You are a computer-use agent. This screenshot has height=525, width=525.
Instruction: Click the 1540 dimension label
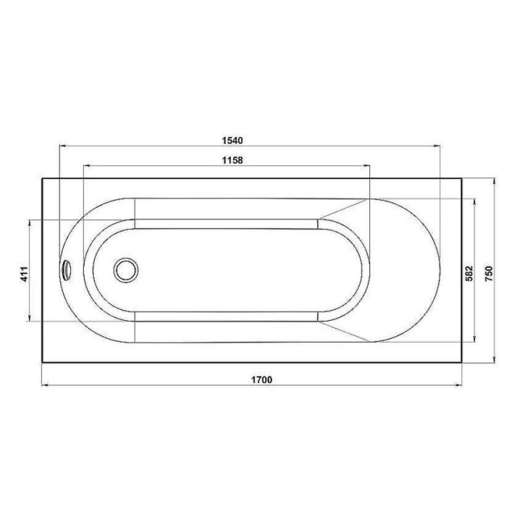pyautogui.click(x=232, y=140)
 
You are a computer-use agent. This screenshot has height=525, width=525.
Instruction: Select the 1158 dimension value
pyautogui.click(x=232, y=160)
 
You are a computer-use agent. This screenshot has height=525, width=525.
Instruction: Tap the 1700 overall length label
pyautogui.click(x=262, y=380)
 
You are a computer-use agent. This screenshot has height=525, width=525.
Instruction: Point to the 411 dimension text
pyautogui.click(x=24, y=274)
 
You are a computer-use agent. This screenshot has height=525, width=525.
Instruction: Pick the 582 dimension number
pyautogui.click(x=469, y=273)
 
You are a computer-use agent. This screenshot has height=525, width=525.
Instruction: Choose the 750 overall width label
pyautogui.click(x=489, y=273)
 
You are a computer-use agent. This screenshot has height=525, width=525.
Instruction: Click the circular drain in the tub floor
pyautogui.click(x=126, y=270)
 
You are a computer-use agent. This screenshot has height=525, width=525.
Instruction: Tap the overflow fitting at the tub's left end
pyautogui.click(x=66, y=270)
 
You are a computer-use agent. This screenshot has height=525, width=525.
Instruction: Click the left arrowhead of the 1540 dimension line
pyautogui.click(x=62, y=146)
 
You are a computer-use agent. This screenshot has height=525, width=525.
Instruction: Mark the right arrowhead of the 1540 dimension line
pyautogui.click(x=437, y=146)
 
